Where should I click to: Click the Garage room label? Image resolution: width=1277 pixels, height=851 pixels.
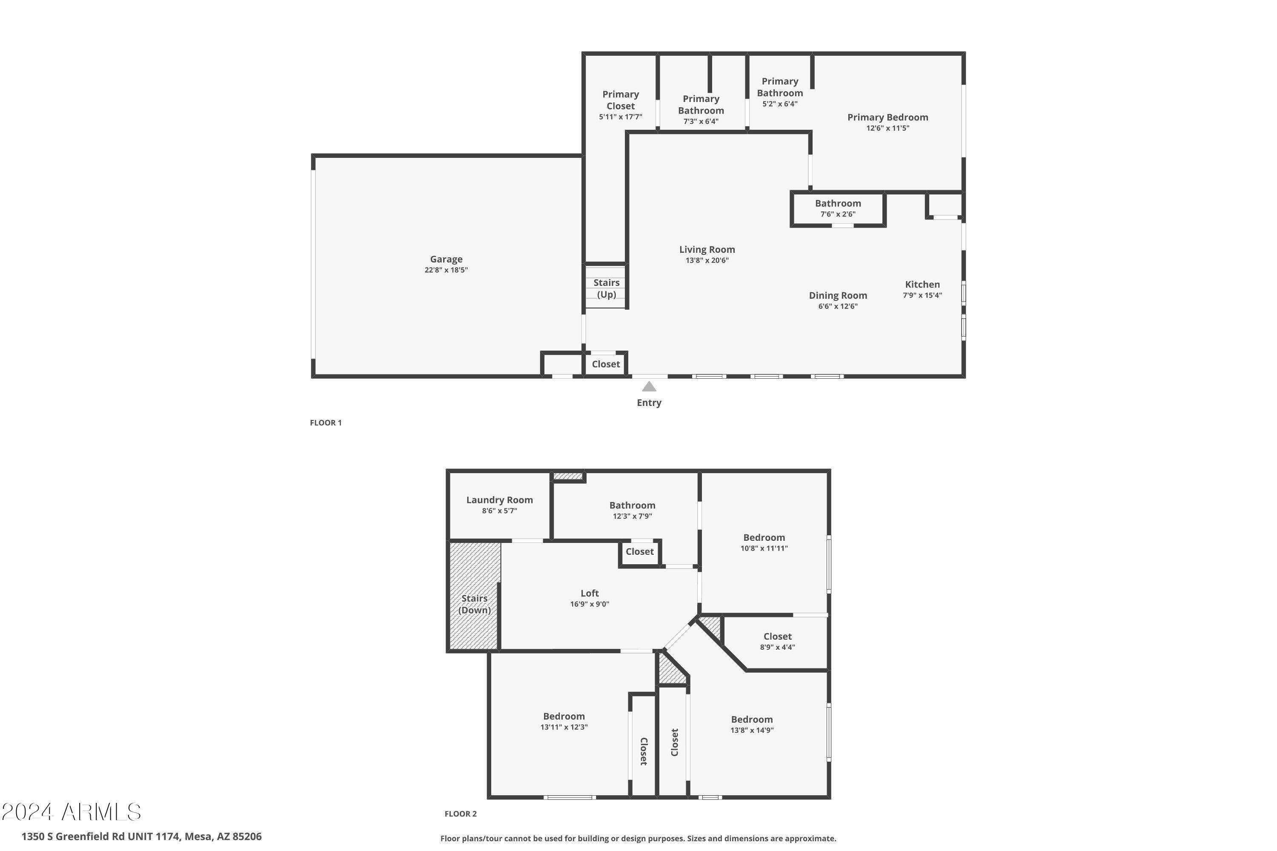(x=446, y=260)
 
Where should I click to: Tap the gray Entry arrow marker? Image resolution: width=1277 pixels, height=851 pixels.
(x=649, y=386)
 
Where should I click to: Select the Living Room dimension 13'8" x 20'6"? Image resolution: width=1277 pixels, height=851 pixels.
(x=707, y=260)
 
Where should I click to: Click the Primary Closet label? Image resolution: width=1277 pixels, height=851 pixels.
(x=620, y=100)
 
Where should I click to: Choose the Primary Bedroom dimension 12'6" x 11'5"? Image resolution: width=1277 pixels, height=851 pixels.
(x=887, y=128)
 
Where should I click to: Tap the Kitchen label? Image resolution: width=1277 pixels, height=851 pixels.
(x=922, y=284)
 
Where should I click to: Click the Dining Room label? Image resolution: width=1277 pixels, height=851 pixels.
(x=838, y=295)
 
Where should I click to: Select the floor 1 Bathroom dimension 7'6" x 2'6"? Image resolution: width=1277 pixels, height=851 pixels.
(x=838, y=214)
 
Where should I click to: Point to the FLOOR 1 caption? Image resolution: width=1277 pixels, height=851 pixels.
(x=326, y=423)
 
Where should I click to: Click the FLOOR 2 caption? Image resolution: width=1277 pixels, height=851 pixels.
(x=461, y=814)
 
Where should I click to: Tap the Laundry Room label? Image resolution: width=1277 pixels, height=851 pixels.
(x=499, y=500)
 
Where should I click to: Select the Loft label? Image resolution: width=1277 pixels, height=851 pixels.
(x=590, y=593)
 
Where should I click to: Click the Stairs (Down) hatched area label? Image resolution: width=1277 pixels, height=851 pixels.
(x=474, y=604)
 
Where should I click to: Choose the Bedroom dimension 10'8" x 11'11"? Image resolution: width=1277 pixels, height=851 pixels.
(x=764, y=548)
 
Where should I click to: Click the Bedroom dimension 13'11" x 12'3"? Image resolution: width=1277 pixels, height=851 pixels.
(x=564, y=727)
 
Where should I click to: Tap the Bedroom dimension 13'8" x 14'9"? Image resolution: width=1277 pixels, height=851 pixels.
(x=751, y=731)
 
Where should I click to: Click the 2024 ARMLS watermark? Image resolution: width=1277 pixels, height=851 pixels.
(x=71, y=812)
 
